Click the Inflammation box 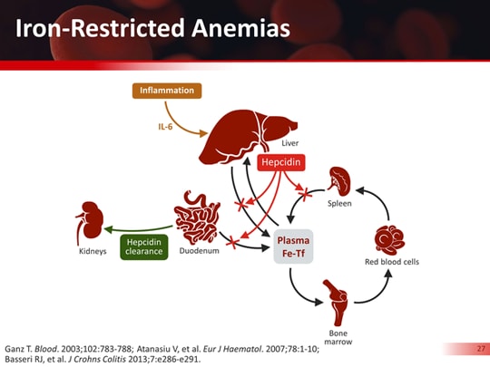coord(166,91)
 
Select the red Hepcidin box coord(279,162)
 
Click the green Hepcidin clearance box coord(144,246)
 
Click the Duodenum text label coord(200,251)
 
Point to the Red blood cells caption coord(392,262)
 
